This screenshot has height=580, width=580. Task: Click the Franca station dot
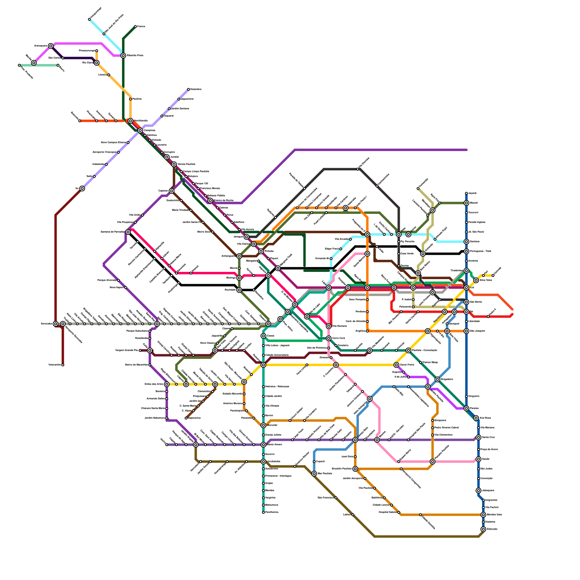coord(135,26)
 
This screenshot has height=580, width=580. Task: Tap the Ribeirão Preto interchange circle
coord(123,55)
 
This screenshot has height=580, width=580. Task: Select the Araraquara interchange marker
coord(51,46)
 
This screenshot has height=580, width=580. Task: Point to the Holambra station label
coord(196,89)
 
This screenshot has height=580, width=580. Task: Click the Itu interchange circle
coord(82,188)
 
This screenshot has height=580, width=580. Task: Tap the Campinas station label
coord(149,130)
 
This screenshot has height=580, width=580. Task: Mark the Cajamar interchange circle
coord(171,191)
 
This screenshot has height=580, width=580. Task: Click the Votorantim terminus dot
coord(63,365)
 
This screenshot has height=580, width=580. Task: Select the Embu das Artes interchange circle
coord(167,384)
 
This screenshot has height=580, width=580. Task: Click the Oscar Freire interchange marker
coord(396,365)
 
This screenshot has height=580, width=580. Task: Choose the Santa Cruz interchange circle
coord(478,437)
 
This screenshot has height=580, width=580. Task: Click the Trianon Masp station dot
coord(420,362)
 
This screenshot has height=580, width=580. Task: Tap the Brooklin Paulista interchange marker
coord(355,469)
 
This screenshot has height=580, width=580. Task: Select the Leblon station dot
coord(353,515)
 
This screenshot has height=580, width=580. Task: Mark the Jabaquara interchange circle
coord(478,490)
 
